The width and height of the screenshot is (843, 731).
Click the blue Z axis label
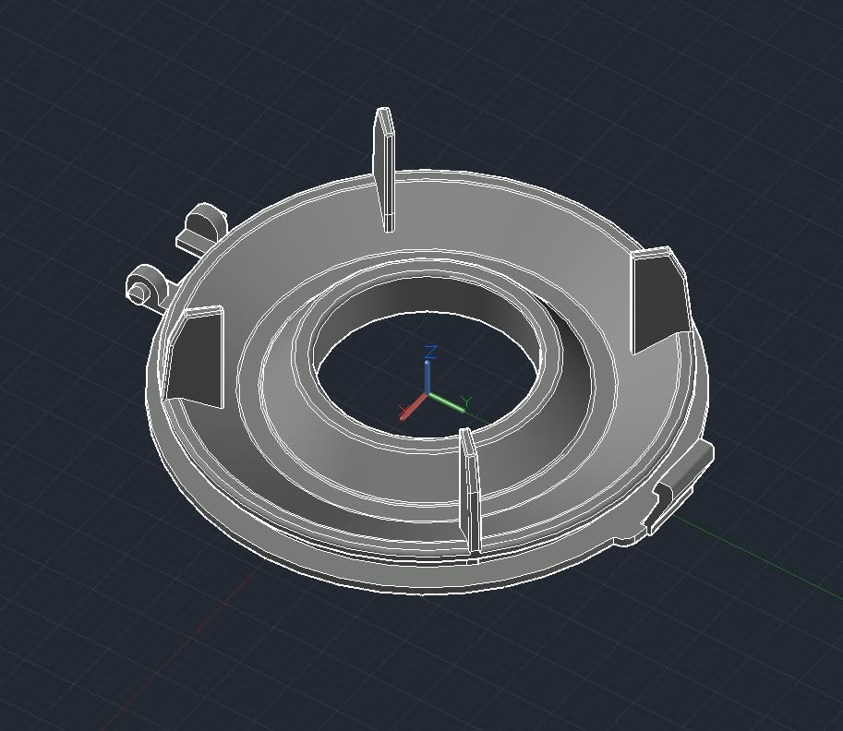(430, 352)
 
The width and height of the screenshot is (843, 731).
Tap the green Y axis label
(466, 402)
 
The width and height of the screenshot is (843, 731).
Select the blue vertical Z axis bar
(428, 375)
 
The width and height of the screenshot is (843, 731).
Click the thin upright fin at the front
(471, 494)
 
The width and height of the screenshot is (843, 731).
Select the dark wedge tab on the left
(196, 358)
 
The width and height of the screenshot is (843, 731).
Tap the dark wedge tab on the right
(659, 300)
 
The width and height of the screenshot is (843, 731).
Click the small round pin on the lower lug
(138, 293)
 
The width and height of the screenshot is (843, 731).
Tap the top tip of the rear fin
(383, 113)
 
